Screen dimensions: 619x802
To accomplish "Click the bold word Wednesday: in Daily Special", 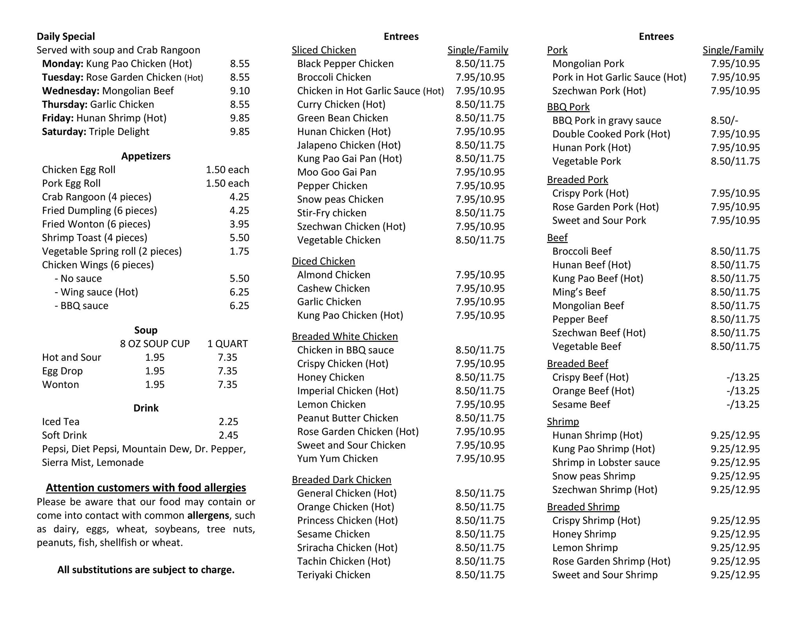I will tap(70, 91).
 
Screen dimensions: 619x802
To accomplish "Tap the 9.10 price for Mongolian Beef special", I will tap(240, 91).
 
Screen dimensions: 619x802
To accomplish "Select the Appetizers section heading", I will tap(146, 156).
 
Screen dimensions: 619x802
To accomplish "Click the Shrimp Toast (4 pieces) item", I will tap(94, 238).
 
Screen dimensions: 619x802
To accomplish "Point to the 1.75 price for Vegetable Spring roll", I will tap(239, 251).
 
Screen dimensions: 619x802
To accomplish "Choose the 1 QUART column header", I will tap(228, 344).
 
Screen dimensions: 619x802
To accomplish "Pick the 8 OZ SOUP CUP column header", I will tap(155, 344).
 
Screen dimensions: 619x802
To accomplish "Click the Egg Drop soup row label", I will tap(62, 371).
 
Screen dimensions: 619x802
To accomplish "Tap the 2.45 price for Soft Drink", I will tap(228, 435).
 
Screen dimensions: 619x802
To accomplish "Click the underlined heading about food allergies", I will tap(146, 488).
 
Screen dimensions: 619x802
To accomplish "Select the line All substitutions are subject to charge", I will tap(146, 570).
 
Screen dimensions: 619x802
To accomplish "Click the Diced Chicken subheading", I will tap(323, 261).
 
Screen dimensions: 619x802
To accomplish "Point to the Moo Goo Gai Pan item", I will tap(336, 172).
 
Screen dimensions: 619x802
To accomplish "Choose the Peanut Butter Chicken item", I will tap(347, 418).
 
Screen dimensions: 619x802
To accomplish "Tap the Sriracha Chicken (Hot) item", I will tap(347, 547).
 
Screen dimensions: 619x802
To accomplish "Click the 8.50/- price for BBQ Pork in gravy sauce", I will tap(724, 121).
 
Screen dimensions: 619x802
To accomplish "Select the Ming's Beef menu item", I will tap(579, 292).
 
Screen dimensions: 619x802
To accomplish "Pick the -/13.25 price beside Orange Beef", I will tap(742, 391).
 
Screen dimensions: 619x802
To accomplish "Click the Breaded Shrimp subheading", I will tap(583, 507).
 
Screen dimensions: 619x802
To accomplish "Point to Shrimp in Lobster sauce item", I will tap(606, 462).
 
